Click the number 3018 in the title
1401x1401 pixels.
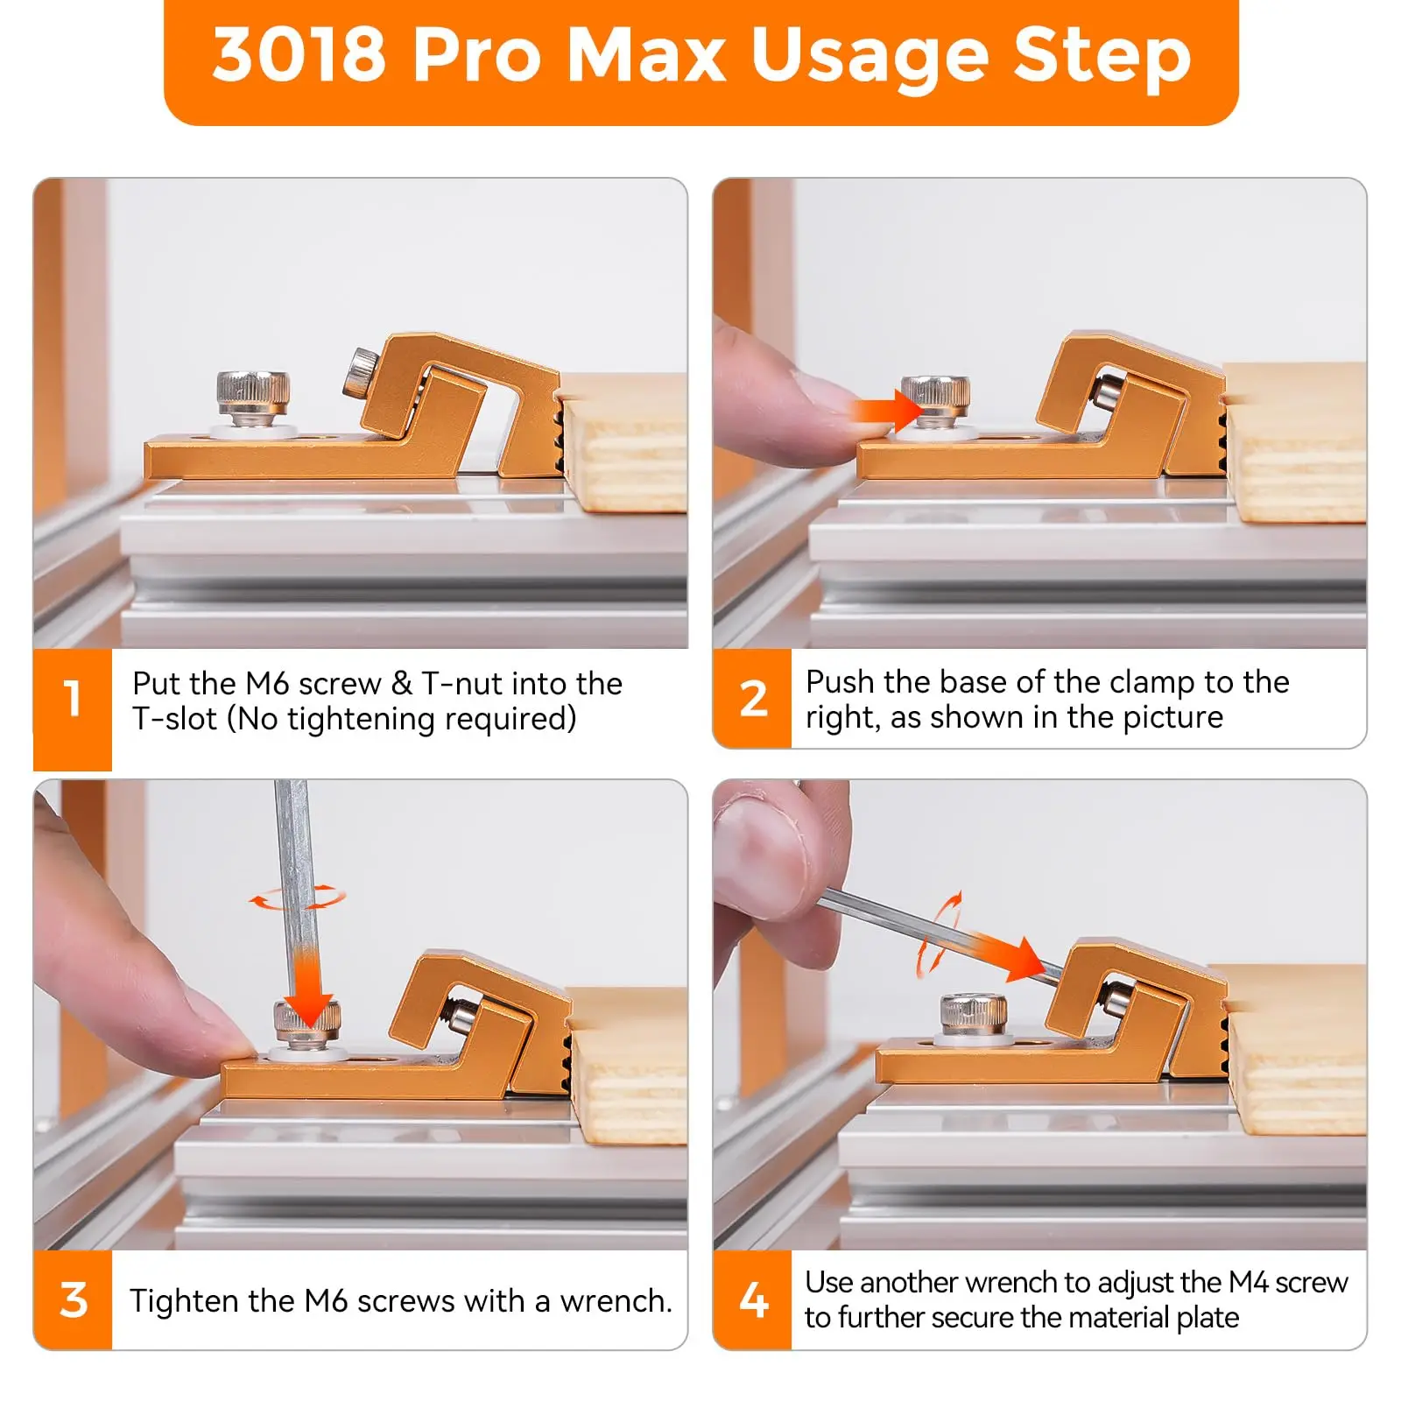[x=299, y=54]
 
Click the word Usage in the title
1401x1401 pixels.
[x=870, y=58]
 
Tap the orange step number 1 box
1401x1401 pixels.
[x=73, y=709]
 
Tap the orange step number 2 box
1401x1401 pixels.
[x=752, y=698]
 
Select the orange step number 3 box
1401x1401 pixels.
[x=73, y=1299]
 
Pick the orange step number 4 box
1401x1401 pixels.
[x=752, y=1299]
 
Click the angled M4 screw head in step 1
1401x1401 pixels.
[x=360, y=371]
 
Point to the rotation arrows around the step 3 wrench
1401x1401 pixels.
[x=298, y=898]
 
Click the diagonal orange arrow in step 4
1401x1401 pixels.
[x=1007, y=954]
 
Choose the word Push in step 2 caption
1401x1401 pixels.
[x=841, y=681]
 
